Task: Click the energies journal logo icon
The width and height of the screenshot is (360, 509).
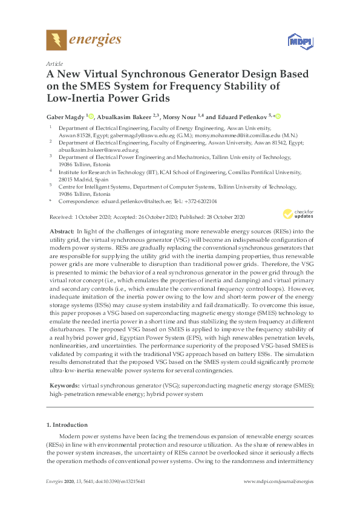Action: click(56, 40)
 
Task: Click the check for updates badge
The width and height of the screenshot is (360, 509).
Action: click(298, 214)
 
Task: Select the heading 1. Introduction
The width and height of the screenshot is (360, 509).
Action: click(67, 424)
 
